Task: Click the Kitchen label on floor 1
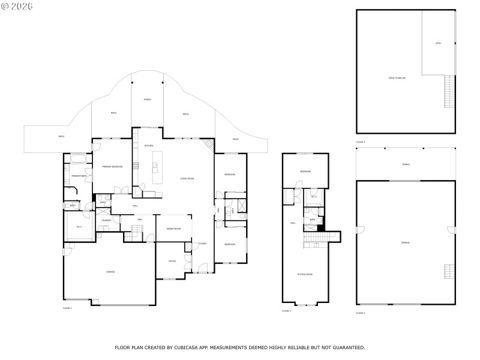[149, 146]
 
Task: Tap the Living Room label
[188, 179]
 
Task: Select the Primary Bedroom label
[112, 167]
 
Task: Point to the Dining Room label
[173, 229]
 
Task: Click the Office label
[172, 261]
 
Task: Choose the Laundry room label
[106, 221]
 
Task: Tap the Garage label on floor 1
[110, 272]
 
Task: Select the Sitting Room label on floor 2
[305, 274]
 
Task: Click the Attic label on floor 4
[438, 43]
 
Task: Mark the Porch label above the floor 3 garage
[406, 164]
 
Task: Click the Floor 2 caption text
[286, 311]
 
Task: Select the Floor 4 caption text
[360, 142]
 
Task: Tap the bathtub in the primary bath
[78, 158]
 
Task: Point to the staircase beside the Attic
[448, 92]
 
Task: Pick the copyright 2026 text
[17, 6]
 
